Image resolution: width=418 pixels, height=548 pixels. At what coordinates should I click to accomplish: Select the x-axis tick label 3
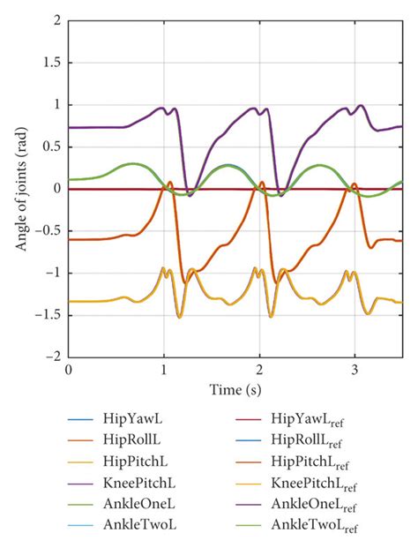[x=355, y=371]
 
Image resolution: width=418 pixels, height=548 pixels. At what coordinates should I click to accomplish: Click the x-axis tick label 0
[x=68, y=371]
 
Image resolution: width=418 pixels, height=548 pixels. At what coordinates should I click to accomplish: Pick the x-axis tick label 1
[x=163, y=371]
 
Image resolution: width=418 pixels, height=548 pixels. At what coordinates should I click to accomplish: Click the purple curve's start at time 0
[x=70, y=128]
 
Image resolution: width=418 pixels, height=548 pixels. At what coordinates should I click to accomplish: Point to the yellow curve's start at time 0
[x=70, y=301]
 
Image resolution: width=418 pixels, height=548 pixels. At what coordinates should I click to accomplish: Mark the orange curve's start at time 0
[x=70, y=239]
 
